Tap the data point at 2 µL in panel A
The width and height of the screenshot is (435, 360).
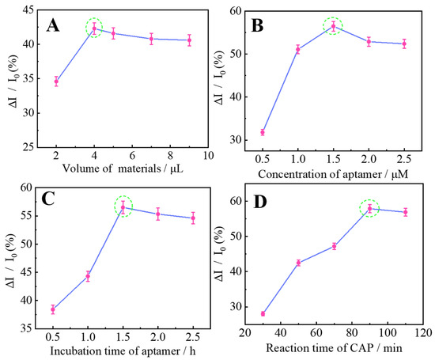[x=56, y=81]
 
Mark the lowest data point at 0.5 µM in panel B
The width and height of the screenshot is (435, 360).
[x=263, y=132]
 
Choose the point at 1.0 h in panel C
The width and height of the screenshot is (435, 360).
[x=89, y=276]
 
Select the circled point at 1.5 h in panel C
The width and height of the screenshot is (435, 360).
[x=123, y=207]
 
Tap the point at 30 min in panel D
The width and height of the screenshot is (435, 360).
[x=263, y=314]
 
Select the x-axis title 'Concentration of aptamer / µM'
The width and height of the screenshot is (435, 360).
[x=335, y=172]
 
